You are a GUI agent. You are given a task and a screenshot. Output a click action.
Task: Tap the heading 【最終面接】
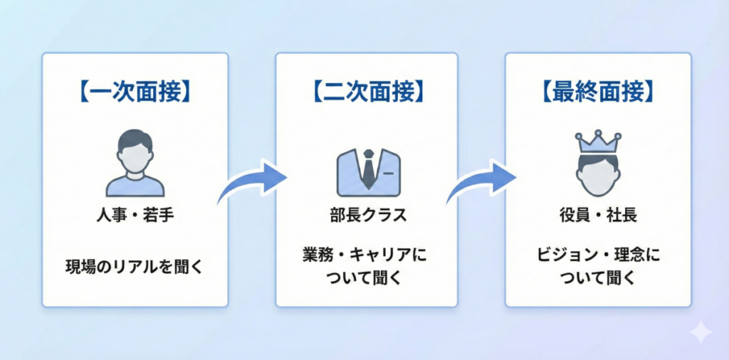(598, 92)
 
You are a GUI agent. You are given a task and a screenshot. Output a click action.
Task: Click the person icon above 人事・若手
(135, 164)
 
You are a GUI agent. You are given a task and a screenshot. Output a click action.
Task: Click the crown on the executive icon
(597, 142)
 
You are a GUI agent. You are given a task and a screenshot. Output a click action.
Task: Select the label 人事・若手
(135, 216)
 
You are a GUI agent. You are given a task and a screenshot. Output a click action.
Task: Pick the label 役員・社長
(597, 216)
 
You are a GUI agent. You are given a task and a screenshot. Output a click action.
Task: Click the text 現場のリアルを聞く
(135, 268)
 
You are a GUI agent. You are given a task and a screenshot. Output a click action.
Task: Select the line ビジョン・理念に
(597, 255)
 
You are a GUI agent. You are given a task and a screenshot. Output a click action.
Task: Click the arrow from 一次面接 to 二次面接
(251, 181)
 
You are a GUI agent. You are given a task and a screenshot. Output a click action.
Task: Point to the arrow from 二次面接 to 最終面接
(482, 181)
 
